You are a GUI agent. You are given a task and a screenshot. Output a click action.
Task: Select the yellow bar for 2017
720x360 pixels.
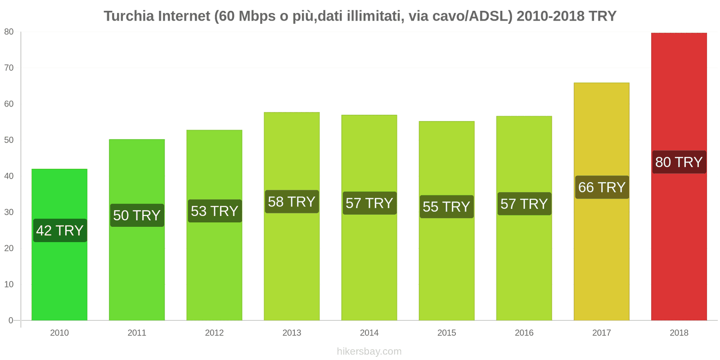click(601, 252)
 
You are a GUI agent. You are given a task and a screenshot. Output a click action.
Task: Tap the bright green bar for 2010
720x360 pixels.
click(59, 279)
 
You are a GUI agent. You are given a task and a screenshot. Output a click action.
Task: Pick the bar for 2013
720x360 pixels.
click(292, 261)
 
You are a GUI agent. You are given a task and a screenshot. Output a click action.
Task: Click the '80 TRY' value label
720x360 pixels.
click(679, 162)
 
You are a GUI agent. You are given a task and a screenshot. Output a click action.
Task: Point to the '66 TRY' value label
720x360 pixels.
click(602, 187)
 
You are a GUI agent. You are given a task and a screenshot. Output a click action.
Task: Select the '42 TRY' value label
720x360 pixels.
click(60, 230)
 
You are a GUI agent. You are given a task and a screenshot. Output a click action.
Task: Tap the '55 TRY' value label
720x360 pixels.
click(446, 207)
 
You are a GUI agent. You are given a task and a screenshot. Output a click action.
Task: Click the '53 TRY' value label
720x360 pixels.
click(214, 211)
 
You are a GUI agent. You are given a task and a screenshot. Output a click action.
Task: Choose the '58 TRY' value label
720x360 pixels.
click(292, 202)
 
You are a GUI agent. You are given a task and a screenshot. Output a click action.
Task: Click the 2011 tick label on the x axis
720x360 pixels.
click(137, 333)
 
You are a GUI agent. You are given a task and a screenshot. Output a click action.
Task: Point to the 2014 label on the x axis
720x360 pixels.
click(369, 333)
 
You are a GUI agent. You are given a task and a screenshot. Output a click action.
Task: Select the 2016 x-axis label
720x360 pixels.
click(524, 333)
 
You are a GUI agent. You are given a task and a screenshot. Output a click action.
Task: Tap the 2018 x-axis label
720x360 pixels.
click(679, 333)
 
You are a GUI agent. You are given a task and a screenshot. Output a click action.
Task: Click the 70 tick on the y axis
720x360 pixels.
click(9, 68)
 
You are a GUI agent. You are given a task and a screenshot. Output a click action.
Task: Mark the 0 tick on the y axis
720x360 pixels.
click(11, 320)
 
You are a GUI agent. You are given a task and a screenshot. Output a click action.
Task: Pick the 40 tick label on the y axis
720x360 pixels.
click(9, 176)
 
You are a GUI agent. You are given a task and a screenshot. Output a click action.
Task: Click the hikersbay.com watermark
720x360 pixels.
click(369, 351)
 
